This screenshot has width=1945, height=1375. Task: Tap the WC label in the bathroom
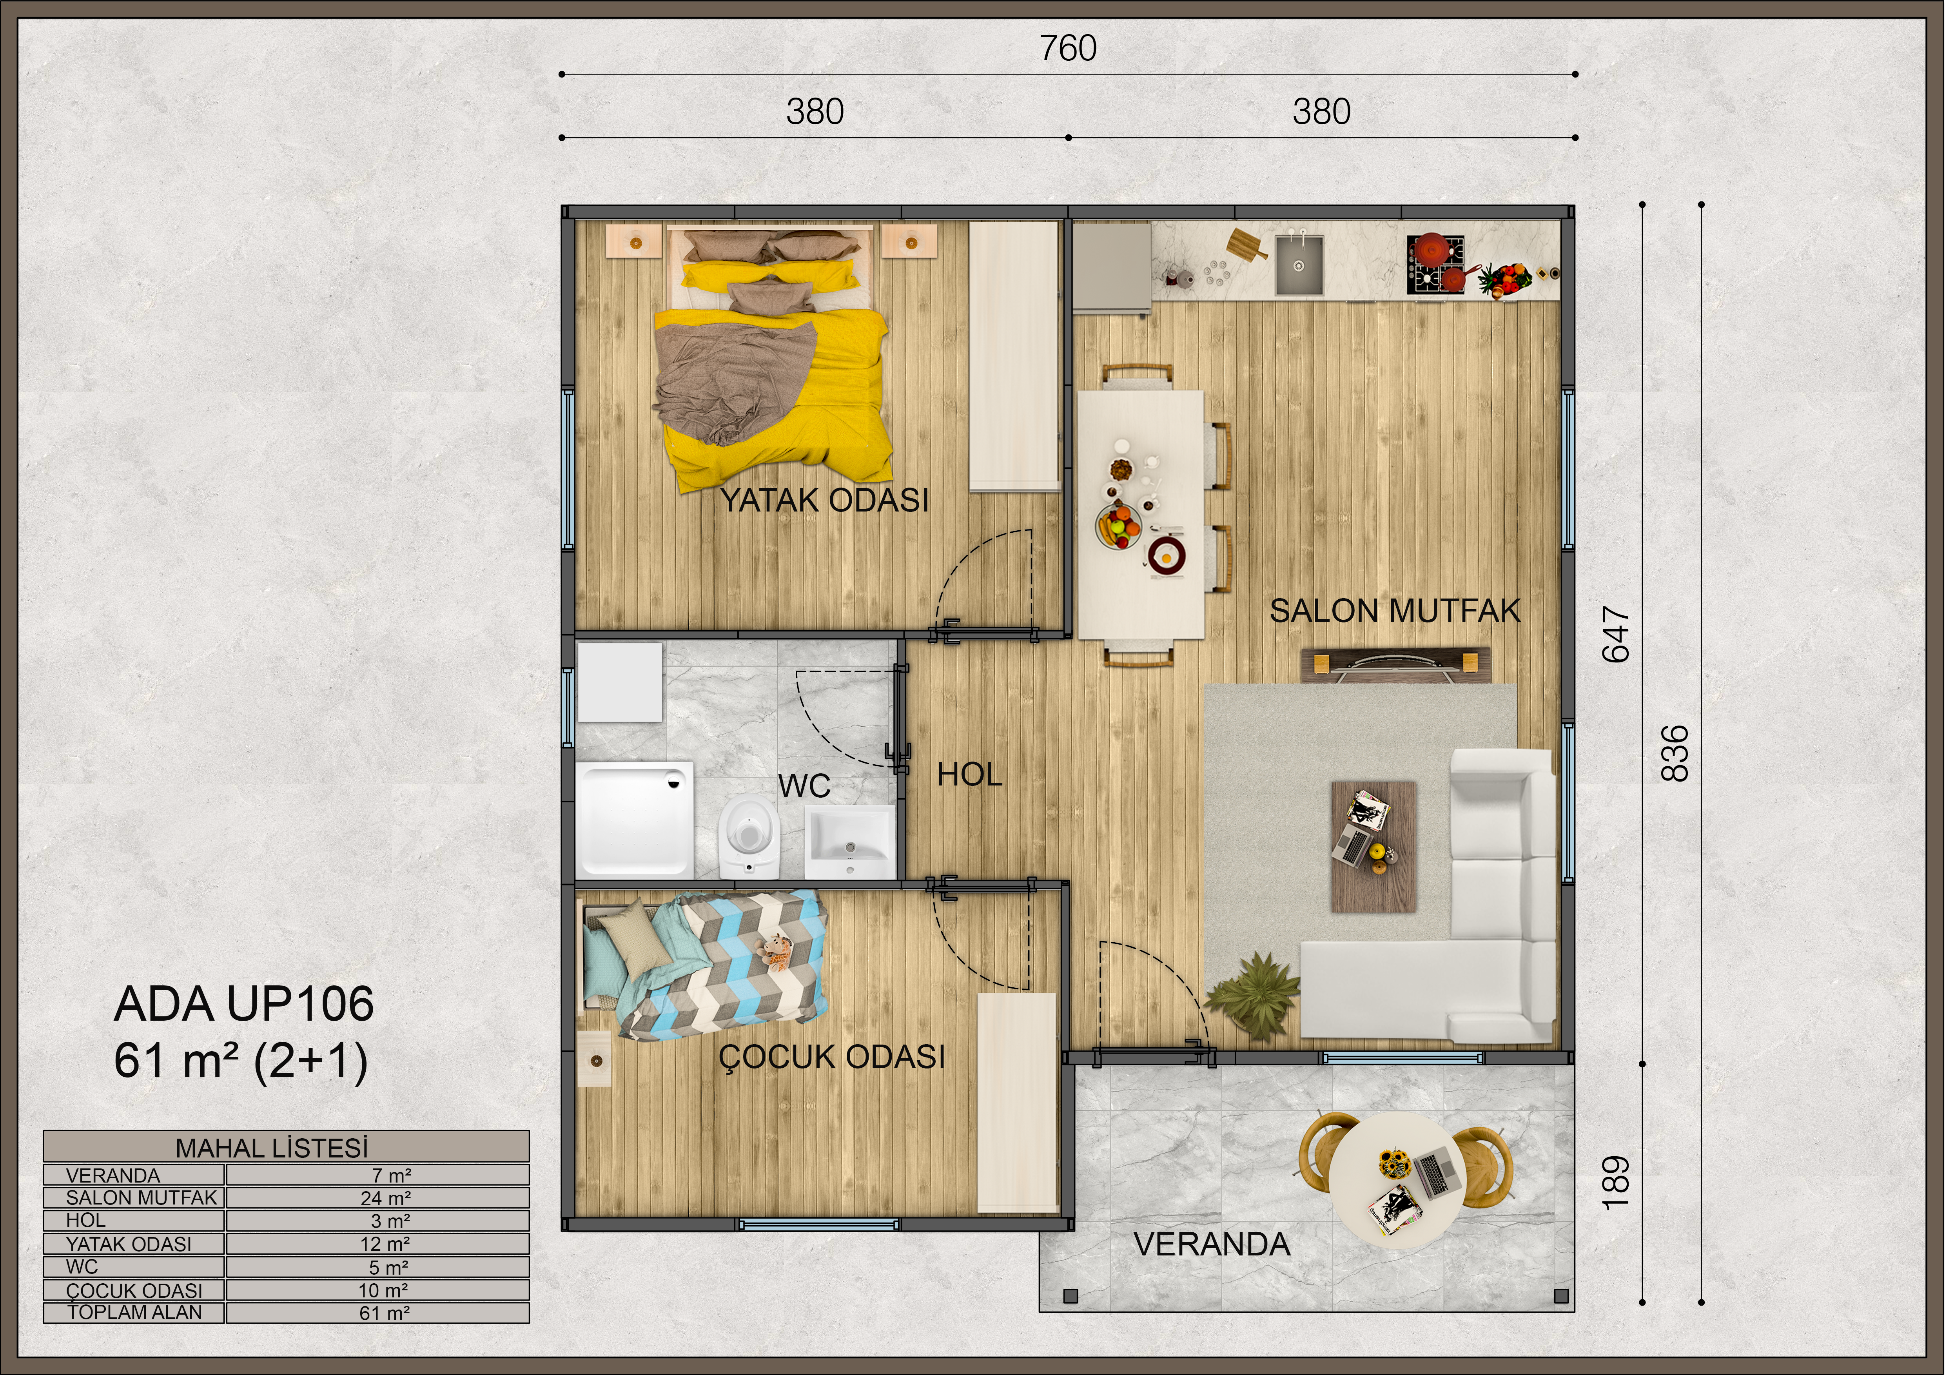pos(804,786)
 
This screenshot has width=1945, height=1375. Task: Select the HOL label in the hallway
pos(970,775)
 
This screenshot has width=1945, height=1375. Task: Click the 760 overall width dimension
pos(1068,48)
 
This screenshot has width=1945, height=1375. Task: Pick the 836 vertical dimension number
pos(1676,753)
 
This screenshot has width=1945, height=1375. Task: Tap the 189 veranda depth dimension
pos(1616,1183)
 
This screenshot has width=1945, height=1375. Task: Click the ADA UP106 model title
pos(244,1004)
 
